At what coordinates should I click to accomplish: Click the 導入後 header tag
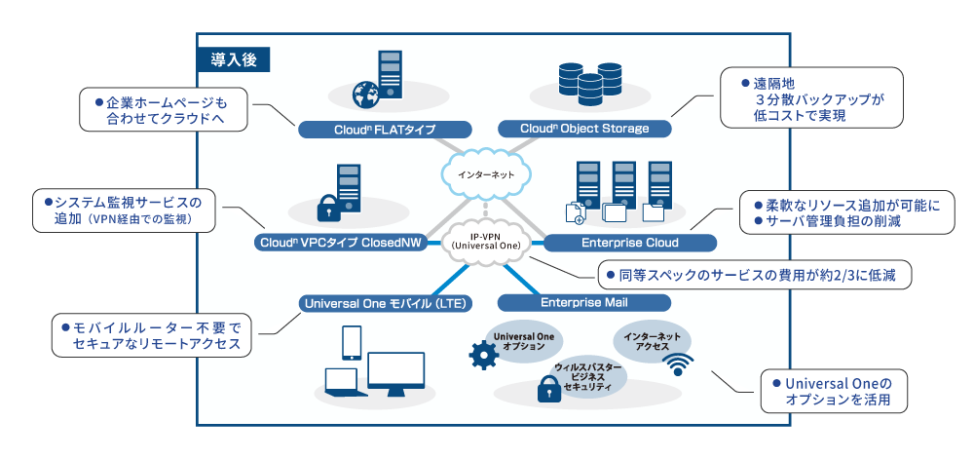pyautogui.click(x=233, y=58)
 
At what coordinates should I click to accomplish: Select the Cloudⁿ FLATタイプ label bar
pyautogui.click(x=384, y=129)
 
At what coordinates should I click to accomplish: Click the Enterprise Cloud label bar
pyautogui.click(x=629, y=242)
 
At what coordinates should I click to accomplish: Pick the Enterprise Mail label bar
pyautogui.click(x=584, y=302)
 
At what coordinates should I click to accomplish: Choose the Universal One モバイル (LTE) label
pyautogui.click(x=385, y=303)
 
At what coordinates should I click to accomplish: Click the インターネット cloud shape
pyautogui.click(x=484, y=175)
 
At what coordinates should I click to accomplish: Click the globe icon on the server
pyautogui.click(x=366, y=96)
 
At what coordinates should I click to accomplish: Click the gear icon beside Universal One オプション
pyautogui.click(x=482, y=357)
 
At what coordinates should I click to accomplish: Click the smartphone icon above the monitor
pyautogui.click(x=352, y=342)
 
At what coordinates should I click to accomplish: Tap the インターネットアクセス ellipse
pyautogui.click(x=654, y=340)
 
